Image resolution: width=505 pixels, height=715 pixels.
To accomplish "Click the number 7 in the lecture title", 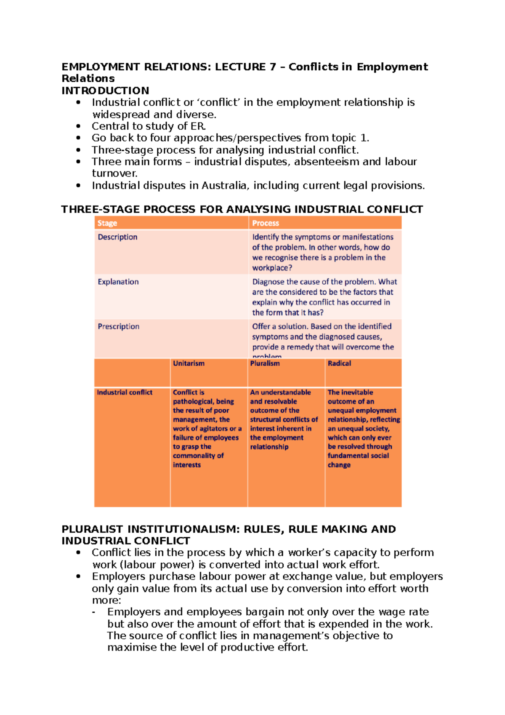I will [273, 67].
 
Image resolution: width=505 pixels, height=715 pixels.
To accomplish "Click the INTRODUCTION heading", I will [105, 91].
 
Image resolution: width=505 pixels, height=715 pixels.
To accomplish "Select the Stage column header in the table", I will [107, 223].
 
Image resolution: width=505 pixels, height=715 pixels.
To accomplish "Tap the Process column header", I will [266, 223].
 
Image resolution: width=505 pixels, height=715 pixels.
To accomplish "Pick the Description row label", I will [117, 237].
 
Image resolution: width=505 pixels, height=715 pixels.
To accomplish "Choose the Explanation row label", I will [118, 282].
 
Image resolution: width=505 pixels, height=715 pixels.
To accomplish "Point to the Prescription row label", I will [119, 326].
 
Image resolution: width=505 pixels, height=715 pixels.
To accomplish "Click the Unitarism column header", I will [189, 363].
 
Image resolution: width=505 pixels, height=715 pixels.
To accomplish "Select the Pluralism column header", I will [265, 363].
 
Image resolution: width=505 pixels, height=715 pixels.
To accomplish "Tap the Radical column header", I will [339, 363].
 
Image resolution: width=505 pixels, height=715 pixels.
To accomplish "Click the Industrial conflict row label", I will [125, 392].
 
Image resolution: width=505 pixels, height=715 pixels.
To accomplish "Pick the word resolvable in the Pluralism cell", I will [279, 402].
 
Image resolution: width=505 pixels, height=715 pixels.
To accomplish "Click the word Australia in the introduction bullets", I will [224, 186].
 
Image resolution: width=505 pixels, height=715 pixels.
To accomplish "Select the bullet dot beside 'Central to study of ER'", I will [78, 126].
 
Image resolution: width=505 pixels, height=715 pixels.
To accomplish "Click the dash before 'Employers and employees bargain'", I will [93, 612].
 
